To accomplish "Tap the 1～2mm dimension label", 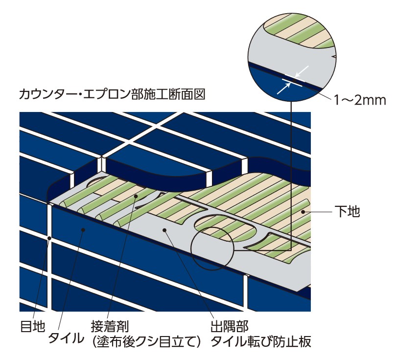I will pos(360,101).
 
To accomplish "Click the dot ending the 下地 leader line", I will pos(304,212).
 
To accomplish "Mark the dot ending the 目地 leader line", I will pos(49,239).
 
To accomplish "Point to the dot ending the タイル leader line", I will pos(84,228).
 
